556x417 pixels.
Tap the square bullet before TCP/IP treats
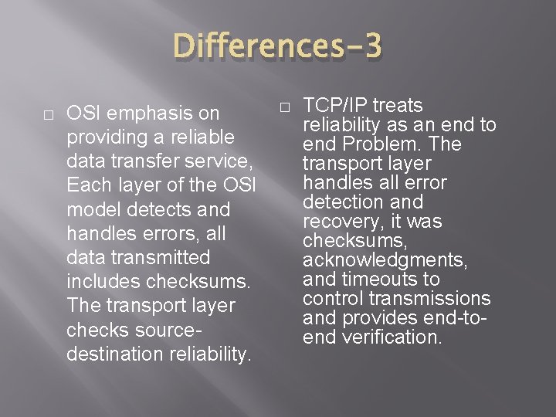coord(284,105)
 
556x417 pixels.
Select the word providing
coord(106,137)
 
